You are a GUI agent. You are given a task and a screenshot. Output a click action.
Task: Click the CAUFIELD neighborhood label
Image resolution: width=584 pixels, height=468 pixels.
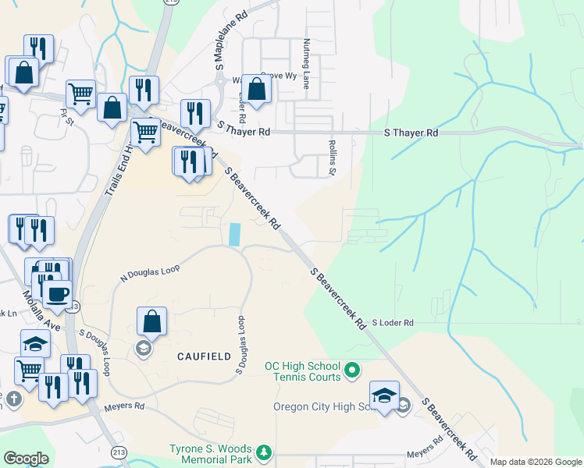[x=204, y=356]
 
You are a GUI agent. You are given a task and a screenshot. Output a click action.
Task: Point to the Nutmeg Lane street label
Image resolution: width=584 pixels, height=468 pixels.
[x=307, y=62]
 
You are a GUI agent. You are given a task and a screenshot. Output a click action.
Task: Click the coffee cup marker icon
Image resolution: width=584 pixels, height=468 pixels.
[x=57, y=295]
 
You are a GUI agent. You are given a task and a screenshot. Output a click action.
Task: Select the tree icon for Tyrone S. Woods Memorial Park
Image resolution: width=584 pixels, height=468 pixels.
[x=264, y=452]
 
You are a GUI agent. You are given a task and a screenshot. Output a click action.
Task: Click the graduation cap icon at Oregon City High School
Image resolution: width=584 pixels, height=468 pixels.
[x=384, y=394]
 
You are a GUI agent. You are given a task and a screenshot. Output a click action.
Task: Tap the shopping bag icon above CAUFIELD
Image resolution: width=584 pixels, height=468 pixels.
[x=151, y=321]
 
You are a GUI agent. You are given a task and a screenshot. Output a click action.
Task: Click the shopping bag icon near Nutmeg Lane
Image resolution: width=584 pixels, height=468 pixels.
[x=256, y=89]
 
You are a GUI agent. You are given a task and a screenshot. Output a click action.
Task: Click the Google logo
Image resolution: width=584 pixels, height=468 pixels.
[x=26, y=459]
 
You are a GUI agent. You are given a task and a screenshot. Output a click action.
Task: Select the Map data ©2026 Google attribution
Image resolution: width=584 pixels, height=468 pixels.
[x=536, y=462]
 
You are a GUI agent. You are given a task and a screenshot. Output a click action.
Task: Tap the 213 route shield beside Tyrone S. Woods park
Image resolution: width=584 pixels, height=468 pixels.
[x=119, y=452]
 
